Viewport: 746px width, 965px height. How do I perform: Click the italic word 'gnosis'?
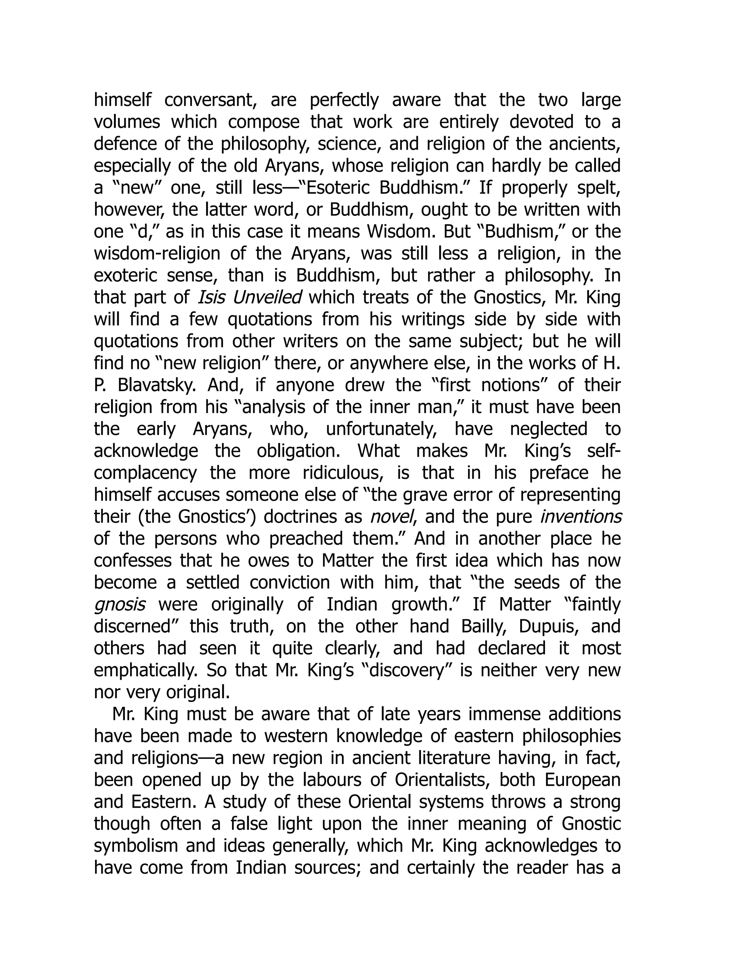[x=120, y=604]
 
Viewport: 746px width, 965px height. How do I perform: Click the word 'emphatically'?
[x=145, y=670]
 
